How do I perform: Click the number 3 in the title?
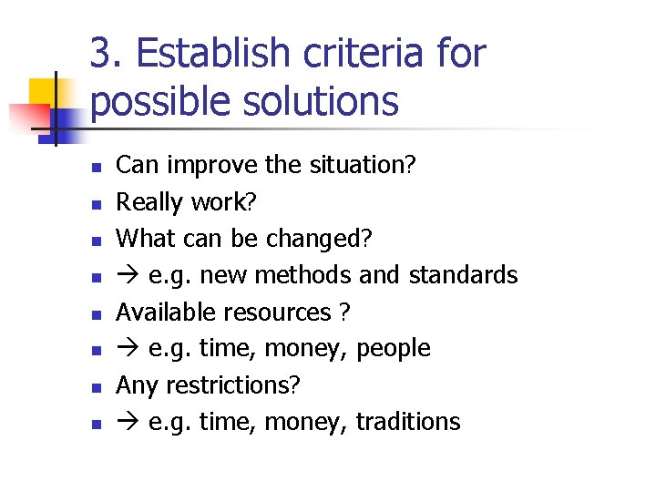click(x=101, y=54)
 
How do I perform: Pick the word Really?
click(x=146, y=201)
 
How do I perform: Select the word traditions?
click(x=408, y=422)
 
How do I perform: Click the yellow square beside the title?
click(x=44, y=94)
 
